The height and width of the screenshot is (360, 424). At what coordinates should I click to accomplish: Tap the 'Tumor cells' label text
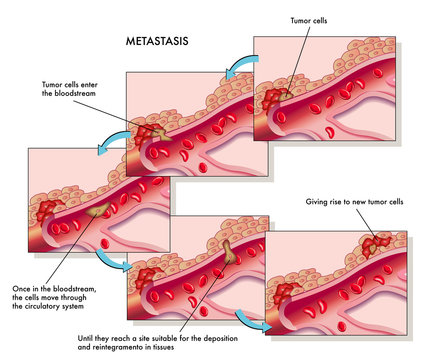[x=310, y=19]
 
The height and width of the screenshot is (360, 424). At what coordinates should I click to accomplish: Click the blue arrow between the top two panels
[x=237, y=66]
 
